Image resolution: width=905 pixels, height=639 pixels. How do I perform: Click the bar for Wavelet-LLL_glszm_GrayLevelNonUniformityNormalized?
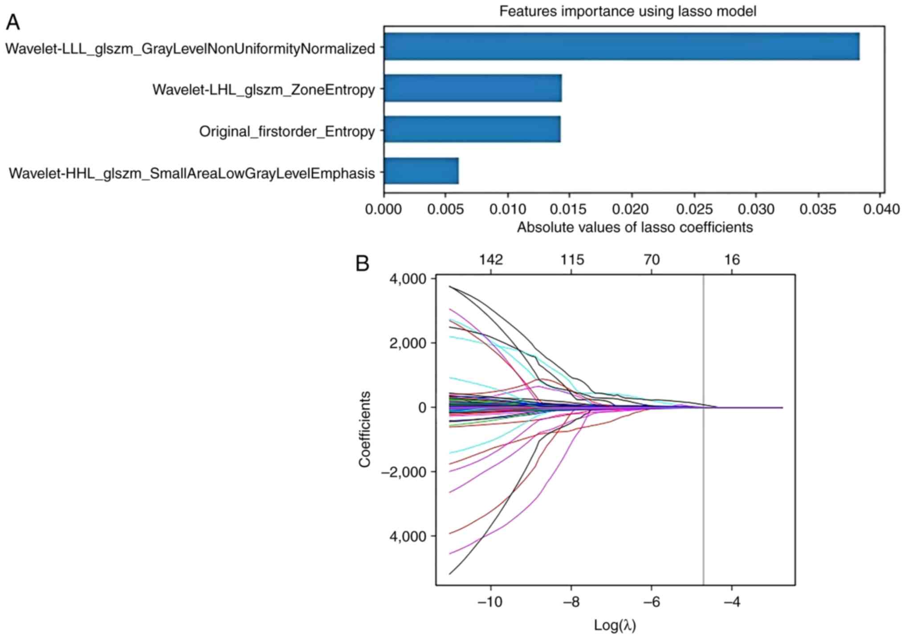(621, 46)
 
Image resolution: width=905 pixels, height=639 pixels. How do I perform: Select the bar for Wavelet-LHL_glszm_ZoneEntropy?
(473, 88)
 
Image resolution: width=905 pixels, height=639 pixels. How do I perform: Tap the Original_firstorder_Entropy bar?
(472, 130)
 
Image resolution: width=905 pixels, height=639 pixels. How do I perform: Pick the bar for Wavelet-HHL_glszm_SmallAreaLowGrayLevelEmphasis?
(421, 171)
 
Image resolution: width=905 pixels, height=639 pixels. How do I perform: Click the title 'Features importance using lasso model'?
(627, 11)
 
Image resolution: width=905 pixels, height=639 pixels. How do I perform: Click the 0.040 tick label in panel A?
(881, 209)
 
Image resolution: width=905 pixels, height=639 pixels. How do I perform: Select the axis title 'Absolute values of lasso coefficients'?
(635, 228)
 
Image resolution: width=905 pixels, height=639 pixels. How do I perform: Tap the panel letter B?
(363, 264)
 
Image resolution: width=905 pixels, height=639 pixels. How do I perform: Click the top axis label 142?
(491, 260)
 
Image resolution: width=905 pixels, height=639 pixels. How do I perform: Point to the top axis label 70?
(652, 260)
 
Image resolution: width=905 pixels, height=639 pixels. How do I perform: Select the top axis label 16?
(732, 260)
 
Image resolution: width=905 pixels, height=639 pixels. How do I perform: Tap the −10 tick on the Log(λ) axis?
(490, 602)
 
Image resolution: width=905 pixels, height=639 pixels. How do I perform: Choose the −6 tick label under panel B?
(651, 602)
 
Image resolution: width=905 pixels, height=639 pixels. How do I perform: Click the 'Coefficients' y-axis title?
(365, 429)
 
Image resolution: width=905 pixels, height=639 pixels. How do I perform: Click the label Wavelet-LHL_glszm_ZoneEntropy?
(264, 90)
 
